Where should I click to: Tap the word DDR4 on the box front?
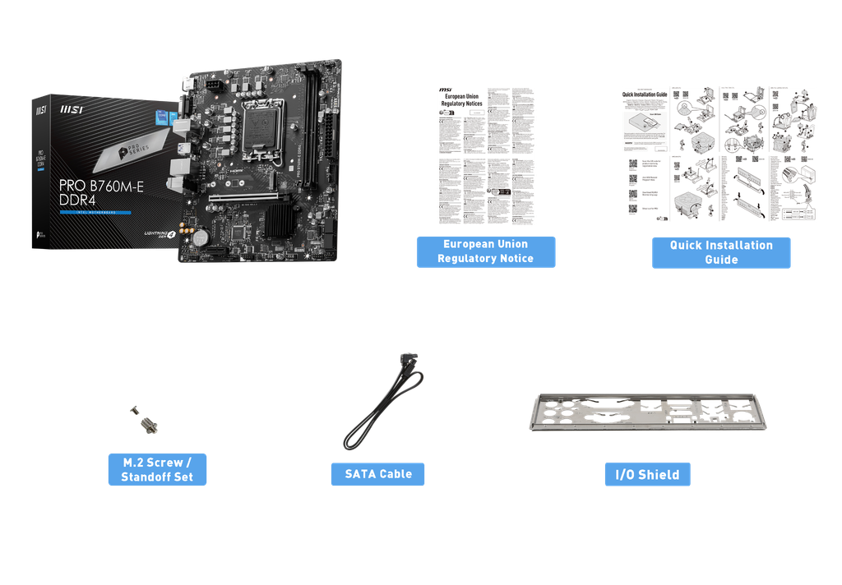(76, 200)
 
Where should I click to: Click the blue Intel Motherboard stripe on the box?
(95, 213)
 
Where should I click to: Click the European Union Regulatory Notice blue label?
(485, 251)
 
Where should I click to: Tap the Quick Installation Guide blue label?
(721, 252)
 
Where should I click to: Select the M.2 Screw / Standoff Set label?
(157, 469)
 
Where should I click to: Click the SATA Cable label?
(377, 474)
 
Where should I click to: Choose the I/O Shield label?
(647, 474)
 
